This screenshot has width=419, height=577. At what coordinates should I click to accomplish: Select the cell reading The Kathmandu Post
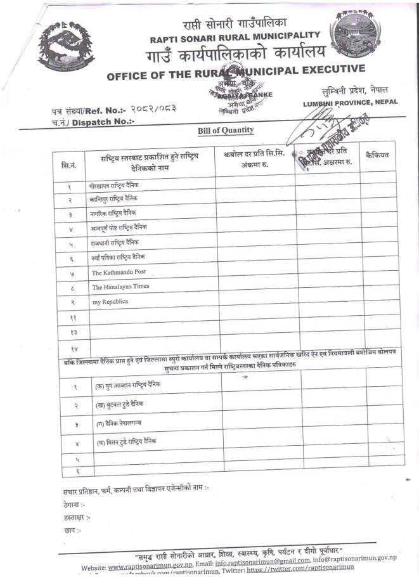119,272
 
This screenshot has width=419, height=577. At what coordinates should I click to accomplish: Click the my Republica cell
110,302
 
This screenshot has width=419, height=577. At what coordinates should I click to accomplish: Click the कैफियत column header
377,155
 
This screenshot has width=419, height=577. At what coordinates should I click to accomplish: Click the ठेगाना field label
74,505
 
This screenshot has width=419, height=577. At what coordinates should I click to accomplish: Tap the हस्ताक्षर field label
77,517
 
